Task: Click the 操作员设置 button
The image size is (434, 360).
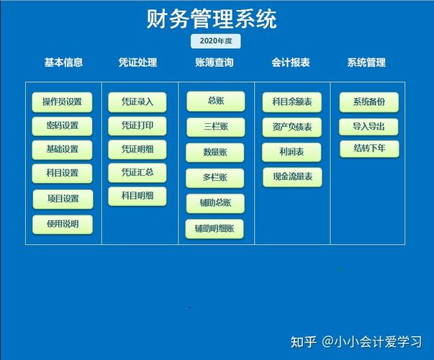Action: coord(62,102)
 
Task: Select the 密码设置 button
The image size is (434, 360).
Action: coord(62,125)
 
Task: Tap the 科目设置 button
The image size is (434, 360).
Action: coord(62,173)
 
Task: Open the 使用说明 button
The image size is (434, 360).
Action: coord(62,224)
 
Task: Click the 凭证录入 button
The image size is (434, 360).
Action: coord(137,102)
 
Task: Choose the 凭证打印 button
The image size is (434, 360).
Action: coord(137,125)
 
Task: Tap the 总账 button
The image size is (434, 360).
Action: coord(215,101)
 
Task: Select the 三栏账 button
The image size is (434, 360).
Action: coord(215,127)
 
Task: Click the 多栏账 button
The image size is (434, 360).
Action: coord(215,178)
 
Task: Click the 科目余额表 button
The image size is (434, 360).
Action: coord(291,102)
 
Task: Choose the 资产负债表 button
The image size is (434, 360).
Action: coord(291,127)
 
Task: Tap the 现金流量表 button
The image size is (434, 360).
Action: coord(291,176)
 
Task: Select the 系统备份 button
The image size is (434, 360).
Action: coord(369,102)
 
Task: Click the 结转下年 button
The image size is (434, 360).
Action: coord(369,149)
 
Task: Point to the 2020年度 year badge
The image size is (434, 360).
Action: coord(215,41)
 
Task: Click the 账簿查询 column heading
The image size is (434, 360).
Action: coord(214,63)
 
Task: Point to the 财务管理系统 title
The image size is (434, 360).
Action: coord(212,18)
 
